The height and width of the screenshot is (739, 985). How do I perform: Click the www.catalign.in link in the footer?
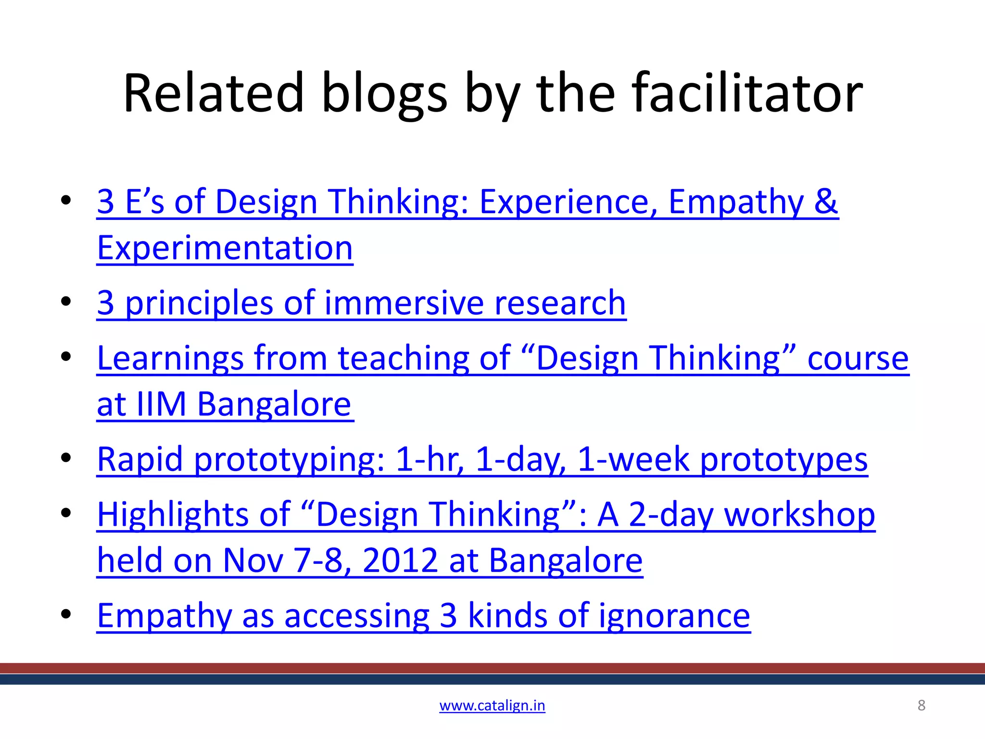[492, 705]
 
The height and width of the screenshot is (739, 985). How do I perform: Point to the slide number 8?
[922, 705]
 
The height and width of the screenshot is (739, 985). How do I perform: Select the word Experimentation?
[225, 248]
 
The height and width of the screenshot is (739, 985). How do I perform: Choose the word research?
[560, 303]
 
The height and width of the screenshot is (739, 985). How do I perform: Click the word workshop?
[799, 515]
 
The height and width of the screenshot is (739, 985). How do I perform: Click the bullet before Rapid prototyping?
[66, 458]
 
